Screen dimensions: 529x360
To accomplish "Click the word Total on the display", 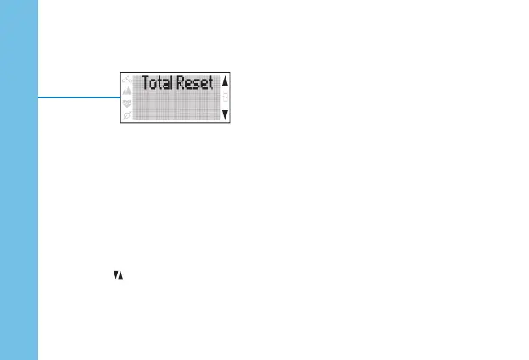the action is pos(157,84).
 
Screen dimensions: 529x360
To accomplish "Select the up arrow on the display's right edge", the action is pos(225,83).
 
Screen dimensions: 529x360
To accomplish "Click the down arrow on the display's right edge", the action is pos(225,113).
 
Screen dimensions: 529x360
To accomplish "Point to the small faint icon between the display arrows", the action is pos(225,97).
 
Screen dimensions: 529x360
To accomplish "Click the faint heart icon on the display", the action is pos(128,103).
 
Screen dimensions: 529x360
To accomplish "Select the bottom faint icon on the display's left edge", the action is pos(128,115).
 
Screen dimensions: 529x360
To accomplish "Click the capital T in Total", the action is pos(145,84).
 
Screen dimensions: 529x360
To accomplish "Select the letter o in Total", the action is pos(153,85).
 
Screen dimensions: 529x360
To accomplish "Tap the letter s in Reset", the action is pos(198,85).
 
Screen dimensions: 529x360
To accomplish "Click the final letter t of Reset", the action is pos(211,84).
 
